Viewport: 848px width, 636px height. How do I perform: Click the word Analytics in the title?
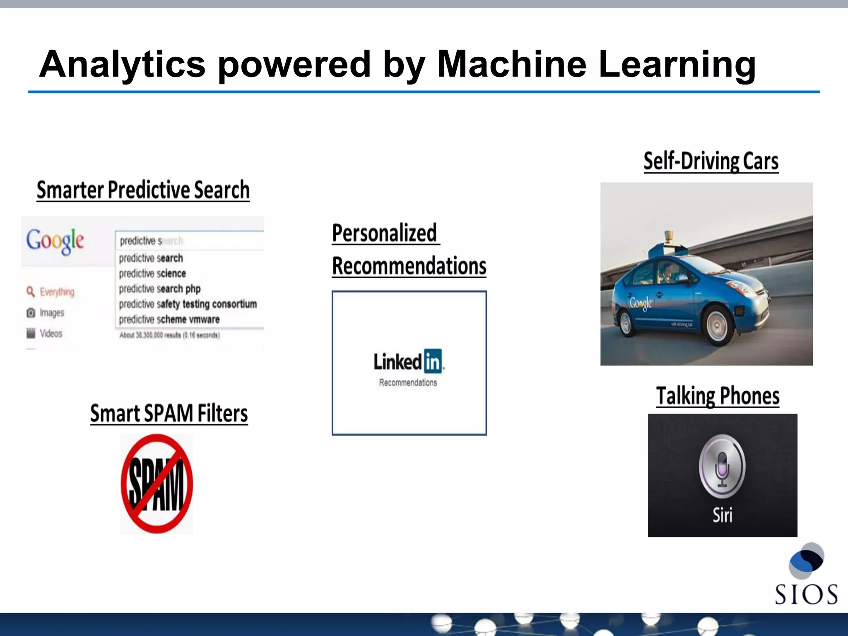(x=123, y=65)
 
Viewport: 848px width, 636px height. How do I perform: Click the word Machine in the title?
(x=512, y=64)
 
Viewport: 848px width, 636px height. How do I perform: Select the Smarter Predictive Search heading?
(x=143, y=190)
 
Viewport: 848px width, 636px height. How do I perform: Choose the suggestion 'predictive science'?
(x=152, y=274)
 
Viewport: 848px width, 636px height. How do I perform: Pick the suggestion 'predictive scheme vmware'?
(x=169, y=320)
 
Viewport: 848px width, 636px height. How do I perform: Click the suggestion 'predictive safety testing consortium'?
(x=188, y=304)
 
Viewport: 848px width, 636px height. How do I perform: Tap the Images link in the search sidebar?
(x=51, y=313)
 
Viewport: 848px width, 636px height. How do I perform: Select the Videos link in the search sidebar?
(x=51, y=333)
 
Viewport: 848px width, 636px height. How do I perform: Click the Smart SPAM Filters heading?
(x=169, y=414)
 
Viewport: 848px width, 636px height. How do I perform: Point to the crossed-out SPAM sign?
(x=157, y=484)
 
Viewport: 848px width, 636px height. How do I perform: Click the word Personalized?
(x=385, y=233)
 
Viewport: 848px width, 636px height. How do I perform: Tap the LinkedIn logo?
(x=408, y=361)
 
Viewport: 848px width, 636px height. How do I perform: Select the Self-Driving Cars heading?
(x=711, y=161)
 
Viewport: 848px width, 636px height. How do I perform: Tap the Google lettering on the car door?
(x=641, y=304)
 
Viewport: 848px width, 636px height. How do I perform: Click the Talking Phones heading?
(x=718, y=396)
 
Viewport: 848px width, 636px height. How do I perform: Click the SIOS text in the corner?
(x=806, y=594)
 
